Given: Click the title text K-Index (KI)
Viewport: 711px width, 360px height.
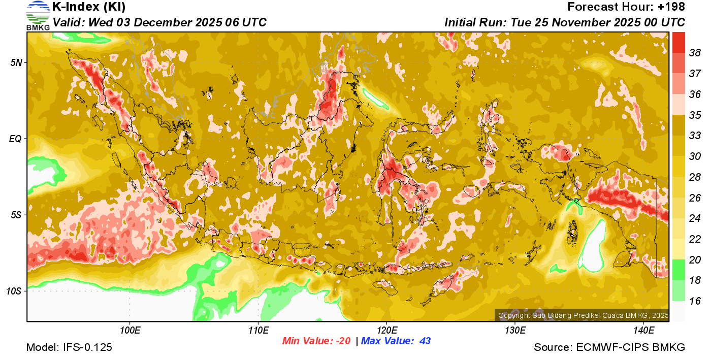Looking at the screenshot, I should pos(89,7).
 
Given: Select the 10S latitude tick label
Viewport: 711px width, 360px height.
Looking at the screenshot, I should pos(14,291).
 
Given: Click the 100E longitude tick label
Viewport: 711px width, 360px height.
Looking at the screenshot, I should pos(130,331).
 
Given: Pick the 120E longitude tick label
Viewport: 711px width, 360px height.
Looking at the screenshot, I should pos(386,331).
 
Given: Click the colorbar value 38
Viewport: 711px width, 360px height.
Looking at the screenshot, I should pos(695,52).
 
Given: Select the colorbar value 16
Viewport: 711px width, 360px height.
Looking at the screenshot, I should pos(695,301).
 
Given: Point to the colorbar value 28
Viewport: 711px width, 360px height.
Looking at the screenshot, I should pos(695,177).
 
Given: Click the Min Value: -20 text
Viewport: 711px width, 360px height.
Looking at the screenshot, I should pos(316,341).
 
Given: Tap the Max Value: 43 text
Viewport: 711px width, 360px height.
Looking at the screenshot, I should pos(396,341).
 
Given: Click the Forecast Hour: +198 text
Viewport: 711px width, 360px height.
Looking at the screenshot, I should pos(626,7).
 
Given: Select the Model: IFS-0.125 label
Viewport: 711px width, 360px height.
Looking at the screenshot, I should pos(69,347).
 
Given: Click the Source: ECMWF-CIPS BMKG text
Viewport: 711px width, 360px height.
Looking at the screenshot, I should pos(609,347).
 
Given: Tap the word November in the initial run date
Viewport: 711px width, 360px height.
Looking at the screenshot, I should pos(573,23).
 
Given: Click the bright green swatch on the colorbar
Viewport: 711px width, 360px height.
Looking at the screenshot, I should pos(678,269).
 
